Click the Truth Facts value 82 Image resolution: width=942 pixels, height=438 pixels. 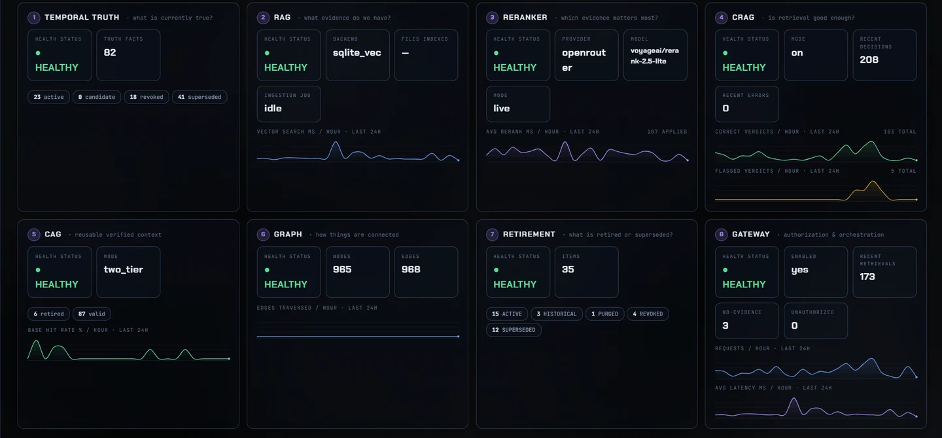click(x=110, y=52)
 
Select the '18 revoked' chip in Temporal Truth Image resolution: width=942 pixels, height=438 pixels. click(x=147, y=97)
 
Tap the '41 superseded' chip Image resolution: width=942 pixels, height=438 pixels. click(x=200, y=97)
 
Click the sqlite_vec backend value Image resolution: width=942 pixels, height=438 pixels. click(x=357, y=52)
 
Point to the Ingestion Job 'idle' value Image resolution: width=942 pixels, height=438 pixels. click(x=273, y=108)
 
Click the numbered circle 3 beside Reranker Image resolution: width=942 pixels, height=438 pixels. click(x=492, y=17)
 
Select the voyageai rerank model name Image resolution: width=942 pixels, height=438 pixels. click(x=654, y=56)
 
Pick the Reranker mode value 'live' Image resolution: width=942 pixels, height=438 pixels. click(x=501, y=108)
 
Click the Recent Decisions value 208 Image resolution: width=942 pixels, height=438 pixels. click(x=869, y=60)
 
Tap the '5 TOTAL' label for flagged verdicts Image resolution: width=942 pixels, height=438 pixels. click(x=903, y=171)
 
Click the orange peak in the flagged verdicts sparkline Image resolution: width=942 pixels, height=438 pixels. click(x=873, y=182)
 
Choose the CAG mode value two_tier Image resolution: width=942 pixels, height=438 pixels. click(x=123, y=269)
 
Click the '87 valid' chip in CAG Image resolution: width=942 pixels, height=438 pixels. click(x=92, y=314)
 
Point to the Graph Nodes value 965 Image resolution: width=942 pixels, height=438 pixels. click(x=342, y=269)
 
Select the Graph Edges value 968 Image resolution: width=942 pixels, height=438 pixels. click(x=411, y=269)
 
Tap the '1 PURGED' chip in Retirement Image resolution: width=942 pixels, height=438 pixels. click(x=604, y=314)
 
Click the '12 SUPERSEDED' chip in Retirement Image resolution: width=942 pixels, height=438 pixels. click(x=514, y=330)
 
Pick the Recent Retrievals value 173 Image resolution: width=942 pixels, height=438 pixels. click(x=867, y=277)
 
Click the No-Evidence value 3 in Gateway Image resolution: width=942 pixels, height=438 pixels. click(x=725, y=325)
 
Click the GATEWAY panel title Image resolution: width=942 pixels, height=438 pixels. click(x=751, y=234)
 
